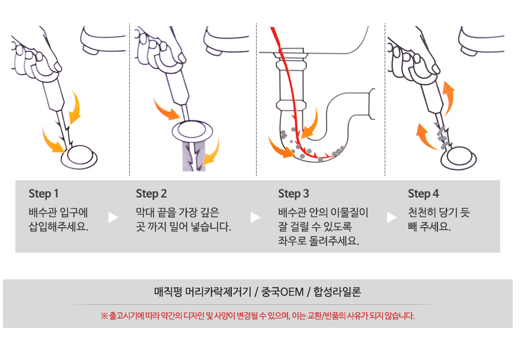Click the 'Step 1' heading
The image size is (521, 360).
coord(43,193)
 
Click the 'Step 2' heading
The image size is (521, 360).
coord(151,193)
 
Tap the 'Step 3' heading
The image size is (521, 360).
coord(293,193)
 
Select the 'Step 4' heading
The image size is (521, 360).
coord(423,193)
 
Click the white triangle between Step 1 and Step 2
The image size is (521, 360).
coord(113,218)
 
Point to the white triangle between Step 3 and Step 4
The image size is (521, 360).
coord(392,218)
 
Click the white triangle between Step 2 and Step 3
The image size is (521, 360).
coord(255,218)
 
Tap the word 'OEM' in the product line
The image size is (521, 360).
coord(292,292)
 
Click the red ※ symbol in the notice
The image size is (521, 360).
coord(104,316)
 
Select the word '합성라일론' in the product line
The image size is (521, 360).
coord(337,292)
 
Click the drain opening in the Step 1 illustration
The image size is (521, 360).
coord(79,157)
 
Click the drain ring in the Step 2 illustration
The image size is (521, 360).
coord(192,131)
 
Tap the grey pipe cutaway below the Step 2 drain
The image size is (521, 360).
coord(194,157)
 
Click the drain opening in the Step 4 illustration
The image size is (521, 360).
coord(459,158)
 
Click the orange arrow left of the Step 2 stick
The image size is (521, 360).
coord(167,109)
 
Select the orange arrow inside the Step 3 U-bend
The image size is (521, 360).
coord(309,123)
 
